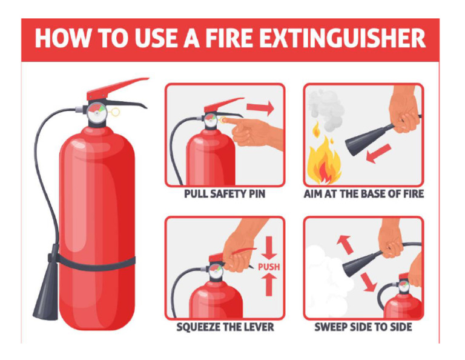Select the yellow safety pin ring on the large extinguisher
[x=115, y=112]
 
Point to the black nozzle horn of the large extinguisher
[x=46, y=293]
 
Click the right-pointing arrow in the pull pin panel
[x=260, y=108]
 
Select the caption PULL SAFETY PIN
[x=225, y=194]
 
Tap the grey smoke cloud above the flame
[x=326, y=109]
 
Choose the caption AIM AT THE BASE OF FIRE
[x=364, y=194]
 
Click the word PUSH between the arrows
[x=269, y=267]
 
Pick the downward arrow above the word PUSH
[x=269, y=248]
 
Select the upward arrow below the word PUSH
[x=269, y=284]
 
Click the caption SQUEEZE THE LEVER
[x=225, y=327]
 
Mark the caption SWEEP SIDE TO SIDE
[x=363, y=327]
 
